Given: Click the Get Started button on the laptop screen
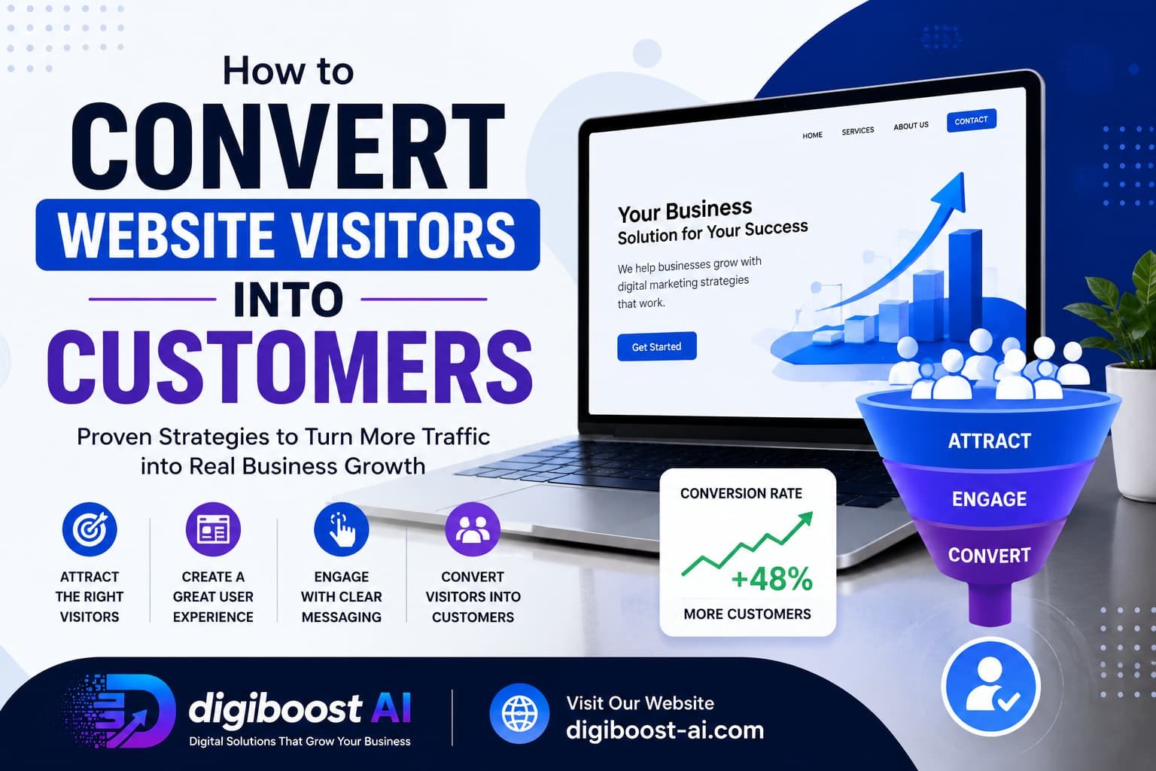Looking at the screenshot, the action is (x=656, y=346).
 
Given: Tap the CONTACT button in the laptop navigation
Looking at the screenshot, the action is (x=972, y=120).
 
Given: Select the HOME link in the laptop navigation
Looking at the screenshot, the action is (x=812, y=136).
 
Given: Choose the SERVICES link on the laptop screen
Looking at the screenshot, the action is (x=858, y=131).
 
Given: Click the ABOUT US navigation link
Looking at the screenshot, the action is (x=911, y=126).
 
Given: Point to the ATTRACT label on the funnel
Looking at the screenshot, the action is (x=990, y=441).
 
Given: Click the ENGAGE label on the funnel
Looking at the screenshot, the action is (x=990, y=499).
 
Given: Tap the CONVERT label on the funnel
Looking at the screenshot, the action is (x=990, y=555).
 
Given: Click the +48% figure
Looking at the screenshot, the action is (x=772, y=579).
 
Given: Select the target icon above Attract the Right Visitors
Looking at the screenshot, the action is (x=90, y=529).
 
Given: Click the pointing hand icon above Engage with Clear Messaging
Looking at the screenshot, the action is (x=342, y=529).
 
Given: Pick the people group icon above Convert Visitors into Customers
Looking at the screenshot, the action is (x=473, y=529).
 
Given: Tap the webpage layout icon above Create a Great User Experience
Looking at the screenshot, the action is (x=213, y=529).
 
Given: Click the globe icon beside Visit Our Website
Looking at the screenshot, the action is (x=520, y=713).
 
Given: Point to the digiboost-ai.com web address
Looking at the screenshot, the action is (x=665, y=730).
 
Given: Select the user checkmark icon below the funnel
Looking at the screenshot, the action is (x=990, y=687).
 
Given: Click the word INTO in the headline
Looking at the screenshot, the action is (x=288, y=299).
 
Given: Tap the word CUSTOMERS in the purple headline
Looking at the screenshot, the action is (x=290, y=367).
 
